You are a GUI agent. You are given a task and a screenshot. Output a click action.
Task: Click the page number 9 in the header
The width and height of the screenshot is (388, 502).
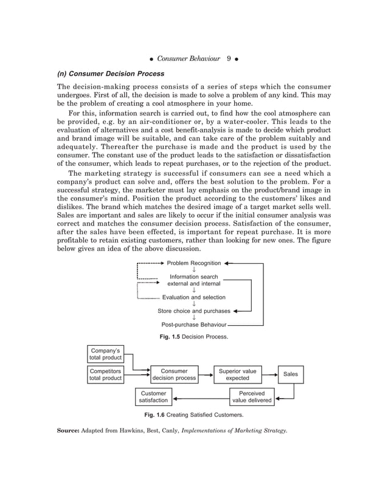(x=227, y=59)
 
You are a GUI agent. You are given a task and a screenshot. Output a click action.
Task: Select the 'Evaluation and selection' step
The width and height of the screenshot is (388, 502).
(x=193, y=297)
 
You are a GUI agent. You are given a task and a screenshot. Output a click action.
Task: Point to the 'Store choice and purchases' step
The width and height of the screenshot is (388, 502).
(x=194, y=311)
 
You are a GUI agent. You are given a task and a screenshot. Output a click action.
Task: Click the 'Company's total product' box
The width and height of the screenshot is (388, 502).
(x=106, y=353)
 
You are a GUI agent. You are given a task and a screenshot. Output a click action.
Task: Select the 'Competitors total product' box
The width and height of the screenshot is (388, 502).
(x=106, y=374)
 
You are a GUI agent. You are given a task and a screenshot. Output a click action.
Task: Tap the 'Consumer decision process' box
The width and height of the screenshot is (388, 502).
(x=174, y=374)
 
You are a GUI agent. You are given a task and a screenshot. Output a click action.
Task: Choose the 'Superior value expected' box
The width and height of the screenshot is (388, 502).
(x=237, y=374)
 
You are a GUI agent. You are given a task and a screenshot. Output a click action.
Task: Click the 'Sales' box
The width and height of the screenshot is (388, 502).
(x=291, y=374)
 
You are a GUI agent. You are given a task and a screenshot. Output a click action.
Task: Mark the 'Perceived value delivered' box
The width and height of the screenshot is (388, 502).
(x=252, y=397)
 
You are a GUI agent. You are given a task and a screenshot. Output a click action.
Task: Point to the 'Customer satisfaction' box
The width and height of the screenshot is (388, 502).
(x=153, y=397)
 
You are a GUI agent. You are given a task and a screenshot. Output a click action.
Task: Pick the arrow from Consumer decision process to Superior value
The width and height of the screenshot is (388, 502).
(x=206, y=375)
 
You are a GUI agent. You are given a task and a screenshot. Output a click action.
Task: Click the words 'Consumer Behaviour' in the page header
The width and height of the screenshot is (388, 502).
(x=188, y=59)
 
